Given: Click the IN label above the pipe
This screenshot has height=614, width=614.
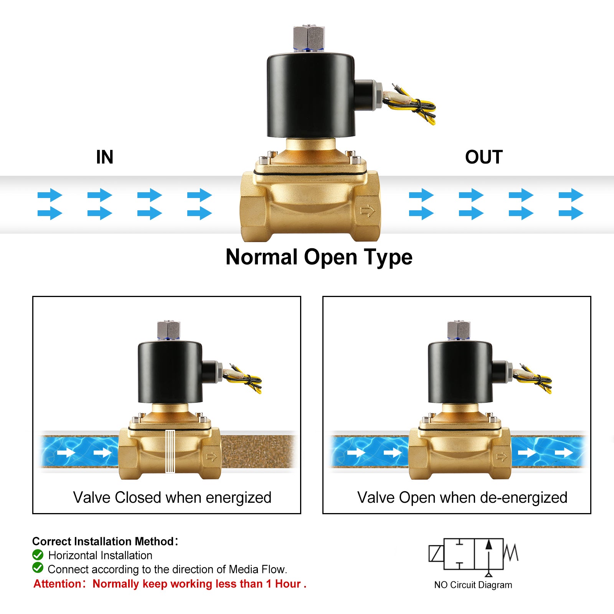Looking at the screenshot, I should click(x=104, y=157).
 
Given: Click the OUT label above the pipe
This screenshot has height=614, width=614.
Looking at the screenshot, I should click(x=484, y=157).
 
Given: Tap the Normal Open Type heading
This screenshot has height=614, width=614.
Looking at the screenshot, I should click(x=319, y=257).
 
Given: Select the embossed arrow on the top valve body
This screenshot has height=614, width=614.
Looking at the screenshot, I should click(x=368, y=211).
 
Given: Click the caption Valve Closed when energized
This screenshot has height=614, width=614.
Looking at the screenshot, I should click(x=172, y=497).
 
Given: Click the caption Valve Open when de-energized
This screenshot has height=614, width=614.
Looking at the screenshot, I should click(x=462, y=497).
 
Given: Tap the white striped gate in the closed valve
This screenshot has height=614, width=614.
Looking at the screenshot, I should click(x=170, y=451).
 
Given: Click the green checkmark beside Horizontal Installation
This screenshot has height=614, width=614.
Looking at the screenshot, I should click(x=38, y=555).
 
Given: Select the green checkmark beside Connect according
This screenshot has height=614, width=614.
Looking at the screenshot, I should click(x=38, y=568).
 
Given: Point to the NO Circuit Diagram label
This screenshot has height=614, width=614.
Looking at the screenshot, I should click(x=473, y=585).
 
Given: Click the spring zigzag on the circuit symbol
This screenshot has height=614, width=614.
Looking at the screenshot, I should click(x=511, y=553).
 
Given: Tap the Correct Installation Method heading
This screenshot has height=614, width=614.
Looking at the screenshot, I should click(x=103, y=541).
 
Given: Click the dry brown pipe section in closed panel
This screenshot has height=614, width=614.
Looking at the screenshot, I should click(x=257, y=452).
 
